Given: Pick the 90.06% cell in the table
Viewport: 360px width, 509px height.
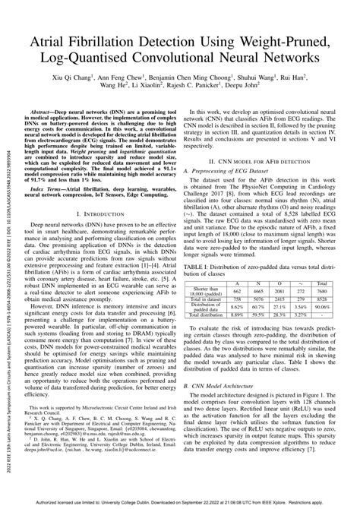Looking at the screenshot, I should click(322, 285).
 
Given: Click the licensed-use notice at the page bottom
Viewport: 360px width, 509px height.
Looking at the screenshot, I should click(180, 504).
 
